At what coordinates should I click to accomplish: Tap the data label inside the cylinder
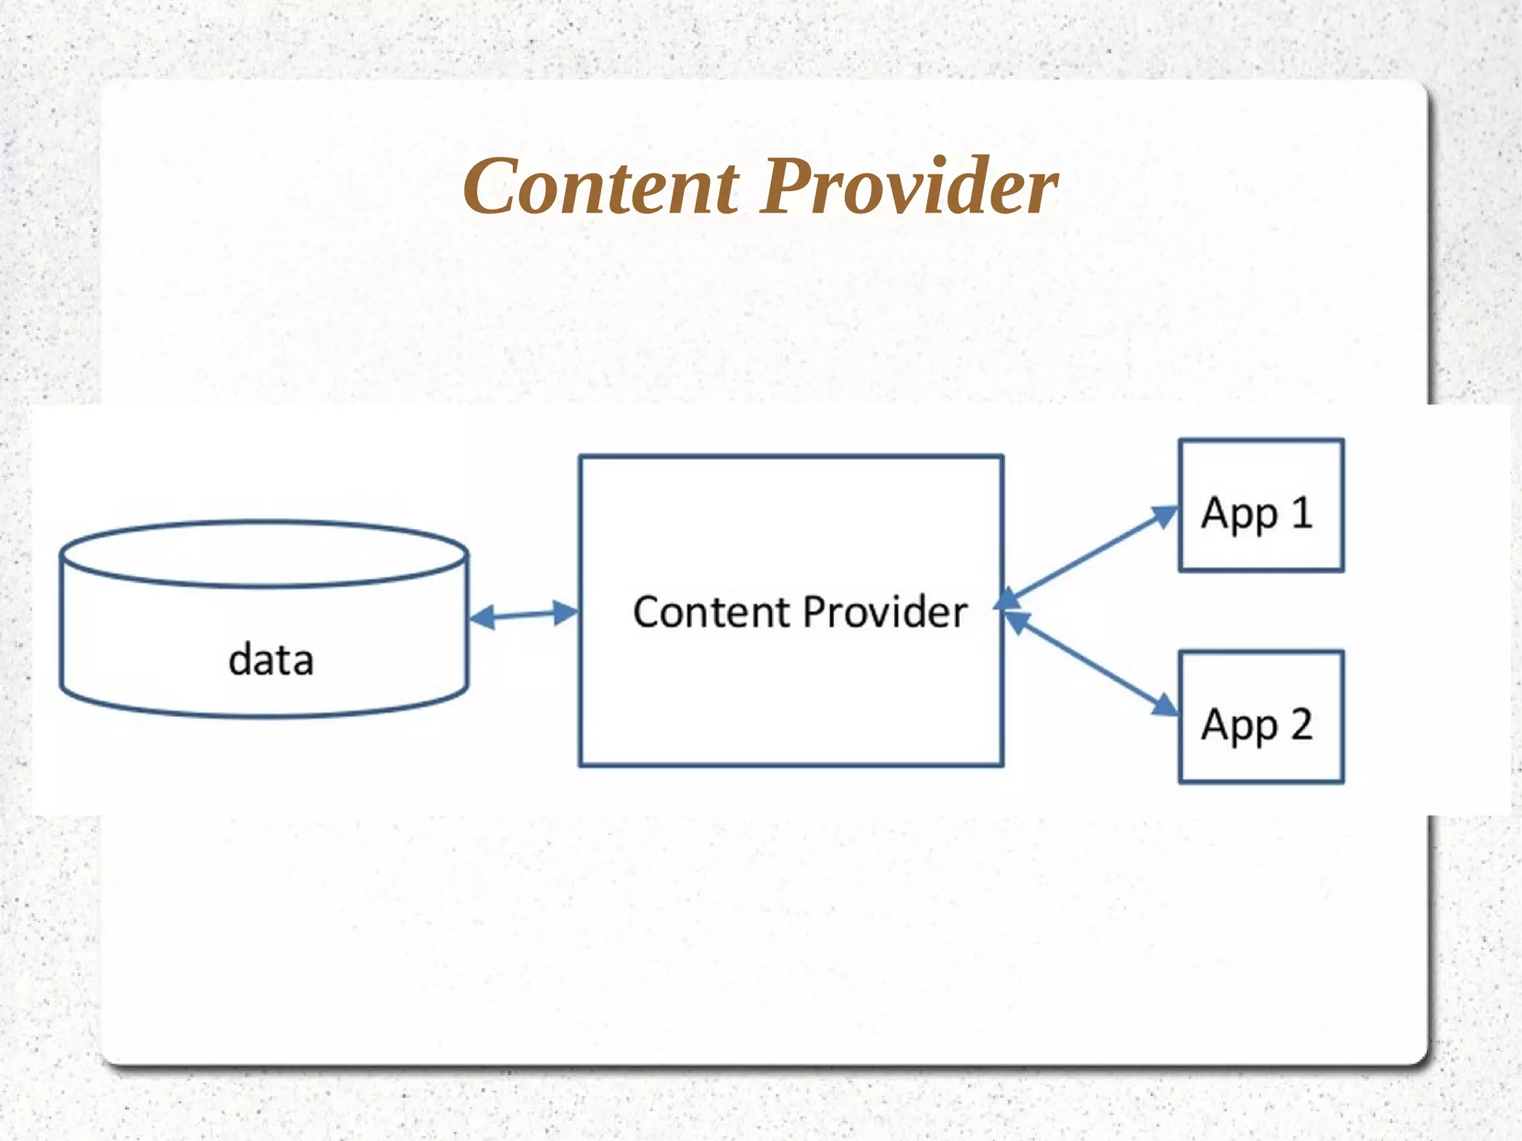tap(271, 660)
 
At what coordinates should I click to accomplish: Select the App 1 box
tap(1260, 505)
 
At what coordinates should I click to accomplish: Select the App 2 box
tap(1260, 717)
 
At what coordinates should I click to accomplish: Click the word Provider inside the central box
tap(884, 612)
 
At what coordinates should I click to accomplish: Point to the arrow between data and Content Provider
tap(523, 615)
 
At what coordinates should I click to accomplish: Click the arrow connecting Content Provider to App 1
tap(1089, 554)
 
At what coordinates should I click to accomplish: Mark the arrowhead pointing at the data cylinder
tap(482, 617)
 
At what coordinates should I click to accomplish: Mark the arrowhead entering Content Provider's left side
tap(566, 612)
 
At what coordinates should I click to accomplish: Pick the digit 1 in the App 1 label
tap(1301, 512)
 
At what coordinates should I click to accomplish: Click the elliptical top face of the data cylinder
tap(264, 555)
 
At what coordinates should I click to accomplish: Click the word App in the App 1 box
tap(1239, 514)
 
